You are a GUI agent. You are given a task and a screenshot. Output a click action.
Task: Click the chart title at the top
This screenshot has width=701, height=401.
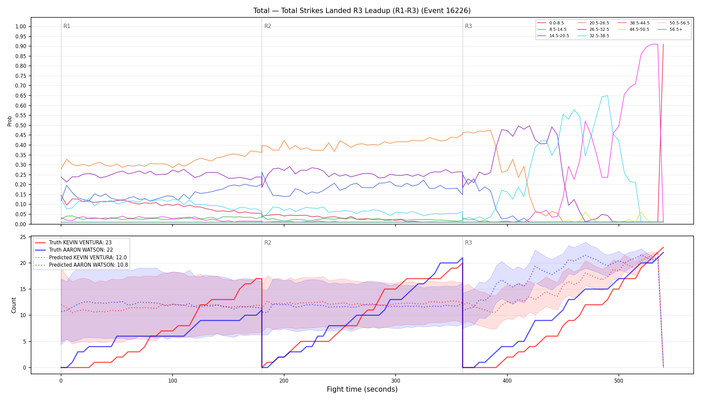pos(362,11)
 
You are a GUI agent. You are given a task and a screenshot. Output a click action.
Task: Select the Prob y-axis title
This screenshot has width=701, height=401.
pos(9,121)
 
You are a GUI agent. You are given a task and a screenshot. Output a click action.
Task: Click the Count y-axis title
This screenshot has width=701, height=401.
pos(14,305)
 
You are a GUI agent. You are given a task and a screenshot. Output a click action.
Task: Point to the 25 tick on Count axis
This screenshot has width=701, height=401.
pos(23,237)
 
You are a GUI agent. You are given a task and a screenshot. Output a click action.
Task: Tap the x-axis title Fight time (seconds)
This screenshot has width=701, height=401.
pos(362,389)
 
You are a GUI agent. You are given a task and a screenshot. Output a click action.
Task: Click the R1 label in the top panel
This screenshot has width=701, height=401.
pos(67,26)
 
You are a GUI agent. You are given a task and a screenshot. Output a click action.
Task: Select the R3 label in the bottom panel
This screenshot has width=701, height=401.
pos(468,243)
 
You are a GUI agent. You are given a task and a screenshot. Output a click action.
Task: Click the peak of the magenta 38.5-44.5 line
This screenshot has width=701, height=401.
pos(655,44)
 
